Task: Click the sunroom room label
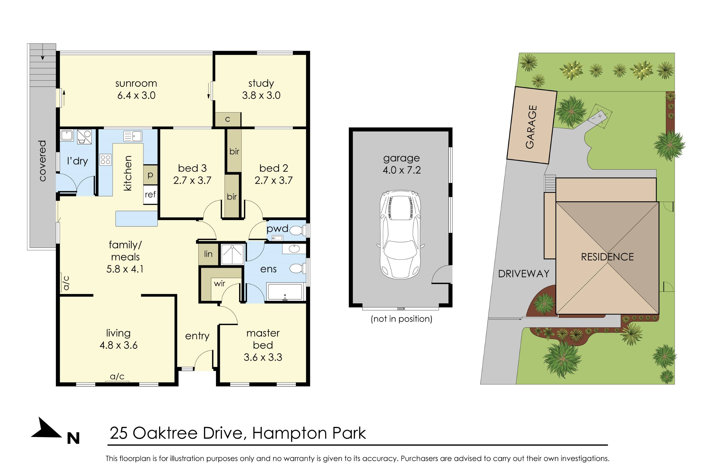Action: pyautogui.click(x=136, y=83)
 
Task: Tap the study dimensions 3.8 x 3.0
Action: pyautogui.click(x=261, y=95)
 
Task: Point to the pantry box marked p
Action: pyautogui.click(x=150, y=175)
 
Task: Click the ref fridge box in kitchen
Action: pyautogui.click(x=150, y=194)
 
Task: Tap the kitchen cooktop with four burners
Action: pyautogui.click(x=105, y=160)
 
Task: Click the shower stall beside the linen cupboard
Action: pyautogui.click(x=232, y=254)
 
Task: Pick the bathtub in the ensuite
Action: pyautogui.click(x=285, y=292)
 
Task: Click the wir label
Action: pyautogui.click(x=219, y=284)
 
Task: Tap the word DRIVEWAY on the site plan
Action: pyautogui.click(x=523, y=274)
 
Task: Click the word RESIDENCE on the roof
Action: pyautogui.click(x=607, y=257)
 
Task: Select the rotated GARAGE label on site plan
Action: pyautogui.click(x=531, y=127)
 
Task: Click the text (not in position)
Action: pyautogui.click(x=401, y=319)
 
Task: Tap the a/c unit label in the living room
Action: pyautogui.click(x=117, y=376)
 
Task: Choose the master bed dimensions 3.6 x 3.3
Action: pyautogui.click(x=263, y=357)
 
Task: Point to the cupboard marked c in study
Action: pyautogui.click(x=228, y=119)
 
